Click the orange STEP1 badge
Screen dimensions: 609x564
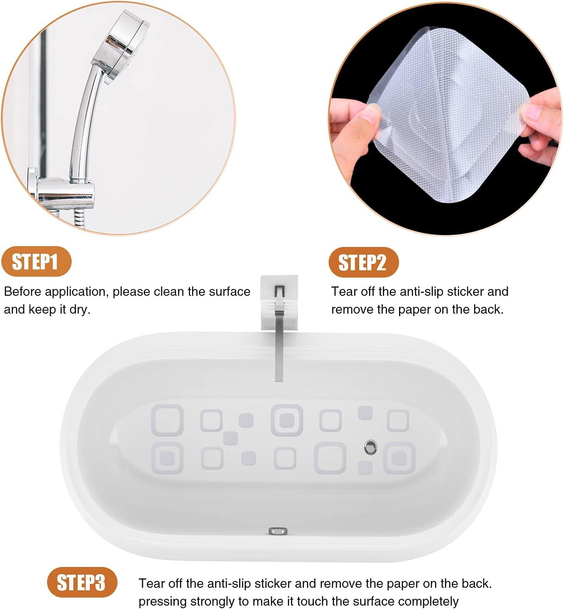(x=36, y=261)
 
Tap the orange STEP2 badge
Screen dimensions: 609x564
(x=363, y=262)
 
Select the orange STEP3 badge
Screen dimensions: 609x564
(x=81, y=582)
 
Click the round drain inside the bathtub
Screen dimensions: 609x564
(x=371, y=446)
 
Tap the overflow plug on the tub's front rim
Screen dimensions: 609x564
(x=278, y=530)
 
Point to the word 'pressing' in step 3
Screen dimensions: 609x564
(x=162, y=601)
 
